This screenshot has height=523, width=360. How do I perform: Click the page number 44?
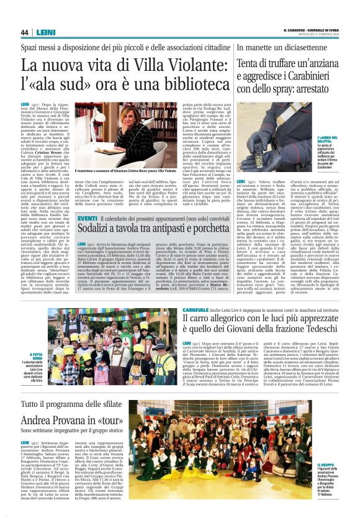(24, 32)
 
